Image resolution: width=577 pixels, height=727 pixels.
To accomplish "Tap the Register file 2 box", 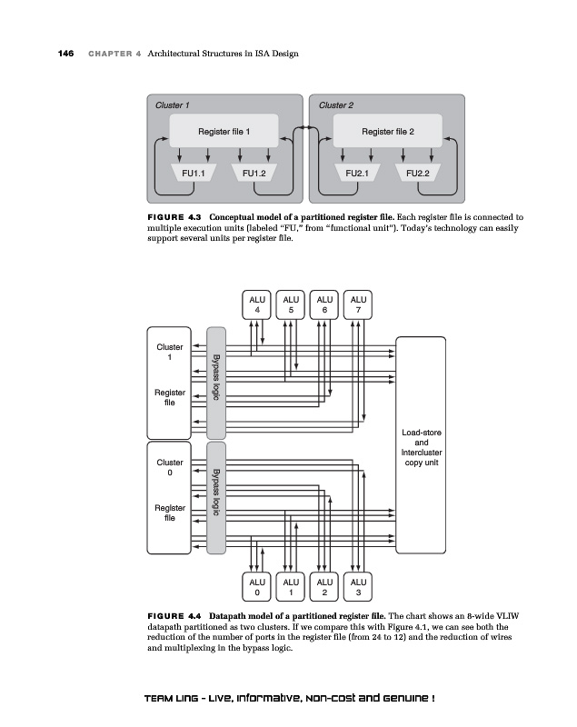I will [388, 132].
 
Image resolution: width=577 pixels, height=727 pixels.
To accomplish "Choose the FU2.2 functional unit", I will [417, 172].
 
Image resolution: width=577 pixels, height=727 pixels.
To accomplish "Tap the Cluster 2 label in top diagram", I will [336, 105].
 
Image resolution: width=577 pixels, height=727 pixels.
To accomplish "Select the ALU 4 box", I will [257, 304].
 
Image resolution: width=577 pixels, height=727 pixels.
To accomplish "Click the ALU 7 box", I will [359, 304].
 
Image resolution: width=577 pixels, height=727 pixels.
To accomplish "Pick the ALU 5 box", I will [291, 304].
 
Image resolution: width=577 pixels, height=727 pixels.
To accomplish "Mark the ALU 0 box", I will [257, 586].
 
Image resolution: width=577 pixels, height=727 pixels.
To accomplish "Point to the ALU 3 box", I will [359, 586].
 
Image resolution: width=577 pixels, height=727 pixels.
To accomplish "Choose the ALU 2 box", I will [325, 586].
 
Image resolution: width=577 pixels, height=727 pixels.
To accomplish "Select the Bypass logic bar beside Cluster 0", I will [216, 495].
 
